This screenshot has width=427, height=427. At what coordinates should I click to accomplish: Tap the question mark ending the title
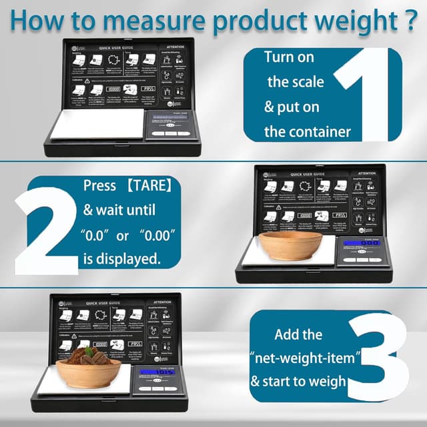point(410,18)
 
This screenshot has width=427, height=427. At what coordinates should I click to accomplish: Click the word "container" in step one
point(307,131)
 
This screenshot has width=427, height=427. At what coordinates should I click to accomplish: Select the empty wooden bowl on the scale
point(292,246)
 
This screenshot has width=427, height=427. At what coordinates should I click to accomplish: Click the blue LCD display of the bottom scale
point(161,374)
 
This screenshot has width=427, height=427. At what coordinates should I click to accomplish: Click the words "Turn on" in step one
point(289,57)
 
